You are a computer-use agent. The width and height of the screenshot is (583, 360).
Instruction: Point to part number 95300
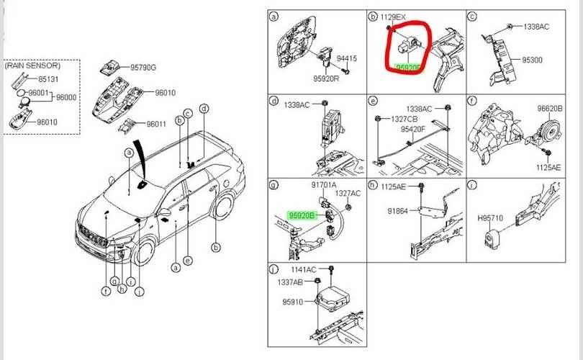[531, 61]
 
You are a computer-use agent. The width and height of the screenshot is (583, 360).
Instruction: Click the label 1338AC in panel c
[534, 27]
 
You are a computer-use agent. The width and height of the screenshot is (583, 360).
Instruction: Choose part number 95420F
[413, 130]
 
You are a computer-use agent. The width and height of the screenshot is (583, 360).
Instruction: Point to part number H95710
[492, 216]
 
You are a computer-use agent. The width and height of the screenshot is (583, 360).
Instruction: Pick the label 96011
[156, 124]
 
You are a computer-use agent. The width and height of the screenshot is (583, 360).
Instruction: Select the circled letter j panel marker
[273, 270]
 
